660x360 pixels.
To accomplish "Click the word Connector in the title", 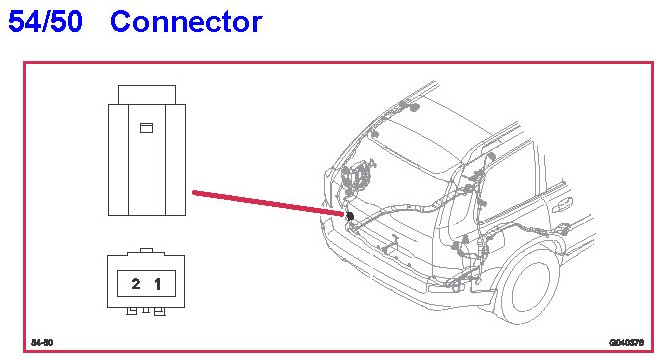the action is tap(186, 22).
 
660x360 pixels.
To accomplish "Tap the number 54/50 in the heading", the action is tap(45, 22).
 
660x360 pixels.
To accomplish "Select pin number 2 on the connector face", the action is tap(136, 284).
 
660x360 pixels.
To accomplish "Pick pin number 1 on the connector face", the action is tap(158, 284).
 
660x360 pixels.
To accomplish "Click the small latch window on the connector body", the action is tap(146, 128).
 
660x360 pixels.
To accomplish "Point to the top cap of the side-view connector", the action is tap(147, 95).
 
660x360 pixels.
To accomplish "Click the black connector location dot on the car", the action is tap(349, 216).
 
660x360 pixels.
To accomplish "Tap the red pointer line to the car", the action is tap(268, 204).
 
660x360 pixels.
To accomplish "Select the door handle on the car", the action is tap(562, 205).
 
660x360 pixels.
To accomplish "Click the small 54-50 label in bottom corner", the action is tap(42, 342).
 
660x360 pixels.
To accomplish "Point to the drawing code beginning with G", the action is tap(627, 343).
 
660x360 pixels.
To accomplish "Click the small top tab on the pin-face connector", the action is tap(146, 251).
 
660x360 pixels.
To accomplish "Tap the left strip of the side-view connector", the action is tap(118, 160).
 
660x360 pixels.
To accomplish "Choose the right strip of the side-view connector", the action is tap(175, 160).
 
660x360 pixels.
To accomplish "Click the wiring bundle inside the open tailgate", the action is tap(356, 178).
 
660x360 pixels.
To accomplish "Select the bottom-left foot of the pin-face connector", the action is tap(132, 311).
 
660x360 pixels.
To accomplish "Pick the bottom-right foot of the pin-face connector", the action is tap(160, 311).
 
